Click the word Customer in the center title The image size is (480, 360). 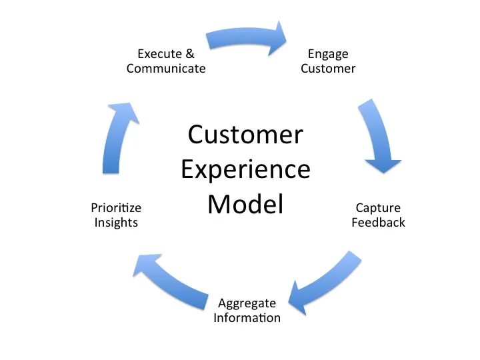pos(245,135)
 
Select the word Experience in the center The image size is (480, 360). pos(245,170)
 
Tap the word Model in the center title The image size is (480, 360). pos(245,204)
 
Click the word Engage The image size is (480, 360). pos(328,54)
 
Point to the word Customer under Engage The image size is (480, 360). pos(328,69)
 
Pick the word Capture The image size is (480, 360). pos(378,208)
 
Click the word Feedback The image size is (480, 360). pos(378,223)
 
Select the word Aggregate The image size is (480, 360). pos(247,303)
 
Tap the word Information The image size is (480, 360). pos(247,318)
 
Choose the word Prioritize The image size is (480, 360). pos(116,208)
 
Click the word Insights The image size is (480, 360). pos(116,223)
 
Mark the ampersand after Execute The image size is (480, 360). pos(190,54)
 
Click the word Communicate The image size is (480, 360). pos(166,69)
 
